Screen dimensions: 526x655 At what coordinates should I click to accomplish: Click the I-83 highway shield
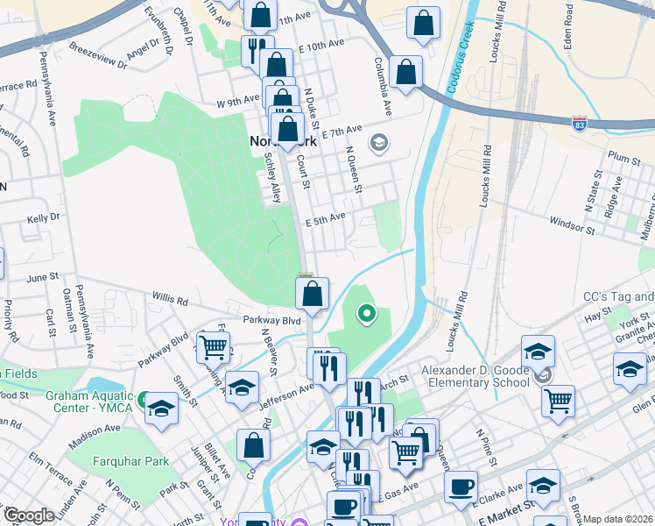579,124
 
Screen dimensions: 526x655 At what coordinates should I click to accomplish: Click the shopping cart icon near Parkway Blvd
214,348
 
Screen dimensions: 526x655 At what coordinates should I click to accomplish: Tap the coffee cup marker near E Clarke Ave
461,487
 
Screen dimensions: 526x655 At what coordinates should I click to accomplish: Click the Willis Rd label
171,299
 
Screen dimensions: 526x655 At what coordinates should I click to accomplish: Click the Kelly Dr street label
43,218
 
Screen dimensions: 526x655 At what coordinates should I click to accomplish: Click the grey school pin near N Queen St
379,142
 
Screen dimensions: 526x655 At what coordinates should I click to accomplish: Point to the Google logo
28,515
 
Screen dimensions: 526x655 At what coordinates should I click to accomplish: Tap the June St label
42,277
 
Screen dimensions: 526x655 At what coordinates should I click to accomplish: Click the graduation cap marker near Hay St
538,351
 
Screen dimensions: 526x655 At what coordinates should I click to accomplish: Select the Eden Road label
568,25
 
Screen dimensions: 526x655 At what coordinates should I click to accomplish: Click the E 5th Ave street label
325,218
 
